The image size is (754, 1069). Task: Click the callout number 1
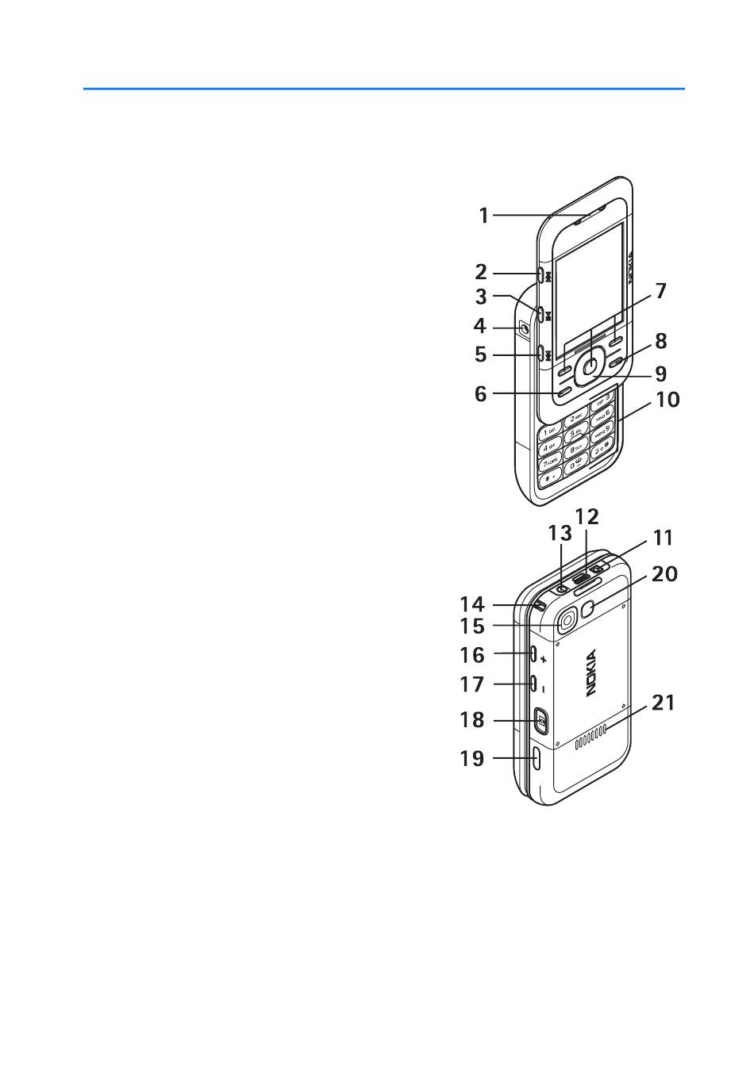click(483, 215)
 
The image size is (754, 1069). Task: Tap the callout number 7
click(660, 291)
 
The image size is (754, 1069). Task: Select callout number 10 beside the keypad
click(667, 399)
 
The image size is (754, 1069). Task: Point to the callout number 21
click(663, 702)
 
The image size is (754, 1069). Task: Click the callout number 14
click(472, 604)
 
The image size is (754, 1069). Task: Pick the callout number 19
click(472, 758)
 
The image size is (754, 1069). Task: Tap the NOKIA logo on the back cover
click(591, 674)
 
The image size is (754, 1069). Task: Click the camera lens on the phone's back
click(565, 620)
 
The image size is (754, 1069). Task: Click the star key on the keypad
click(549, 479)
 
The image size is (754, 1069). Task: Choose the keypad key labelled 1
click(550, 431)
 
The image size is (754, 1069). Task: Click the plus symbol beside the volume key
click(544, 660)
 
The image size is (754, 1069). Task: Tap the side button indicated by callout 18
click(540, 720)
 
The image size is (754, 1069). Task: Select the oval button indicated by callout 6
click(564, 391)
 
